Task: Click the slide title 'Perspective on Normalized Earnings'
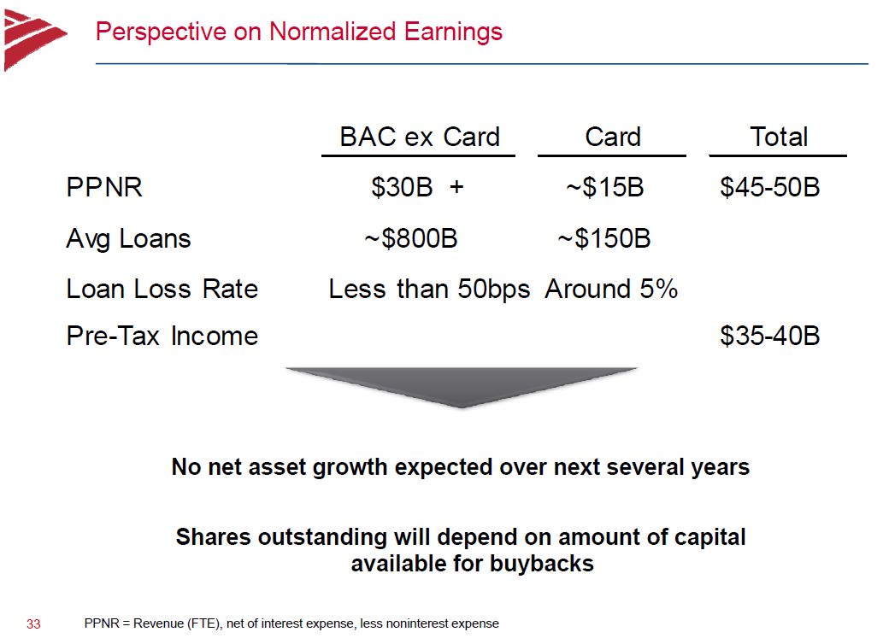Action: [299, 32]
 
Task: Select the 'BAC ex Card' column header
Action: [420, 137]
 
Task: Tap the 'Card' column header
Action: [613, 137]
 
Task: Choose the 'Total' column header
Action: [779, 137]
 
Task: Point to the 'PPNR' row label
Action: [104, 187]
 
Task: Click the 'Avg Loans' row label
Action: [128, 239]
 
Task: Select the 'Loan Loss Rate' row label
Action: [162, 290]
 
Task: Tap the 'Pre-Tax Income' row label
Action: [162, 336]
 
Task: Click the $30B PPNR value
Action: [402, 187]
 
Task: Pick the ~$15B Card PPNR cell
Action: [605, 187]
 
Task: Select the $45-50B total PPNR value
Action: [770, 187]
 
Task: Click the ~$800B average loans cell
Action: [411, 238]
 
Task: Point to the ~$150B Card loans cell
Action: [604, 238]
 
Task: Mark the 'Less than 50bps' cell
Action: [429, 290]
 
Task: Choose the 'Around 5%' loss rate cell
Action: [611, 290]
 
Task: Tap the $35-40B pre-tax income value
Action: [770, 336]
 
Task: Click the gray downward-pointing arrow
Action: [462, 386]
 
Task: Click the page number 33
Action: [33, 624]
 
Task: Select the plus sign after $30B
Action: [456, 187]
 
